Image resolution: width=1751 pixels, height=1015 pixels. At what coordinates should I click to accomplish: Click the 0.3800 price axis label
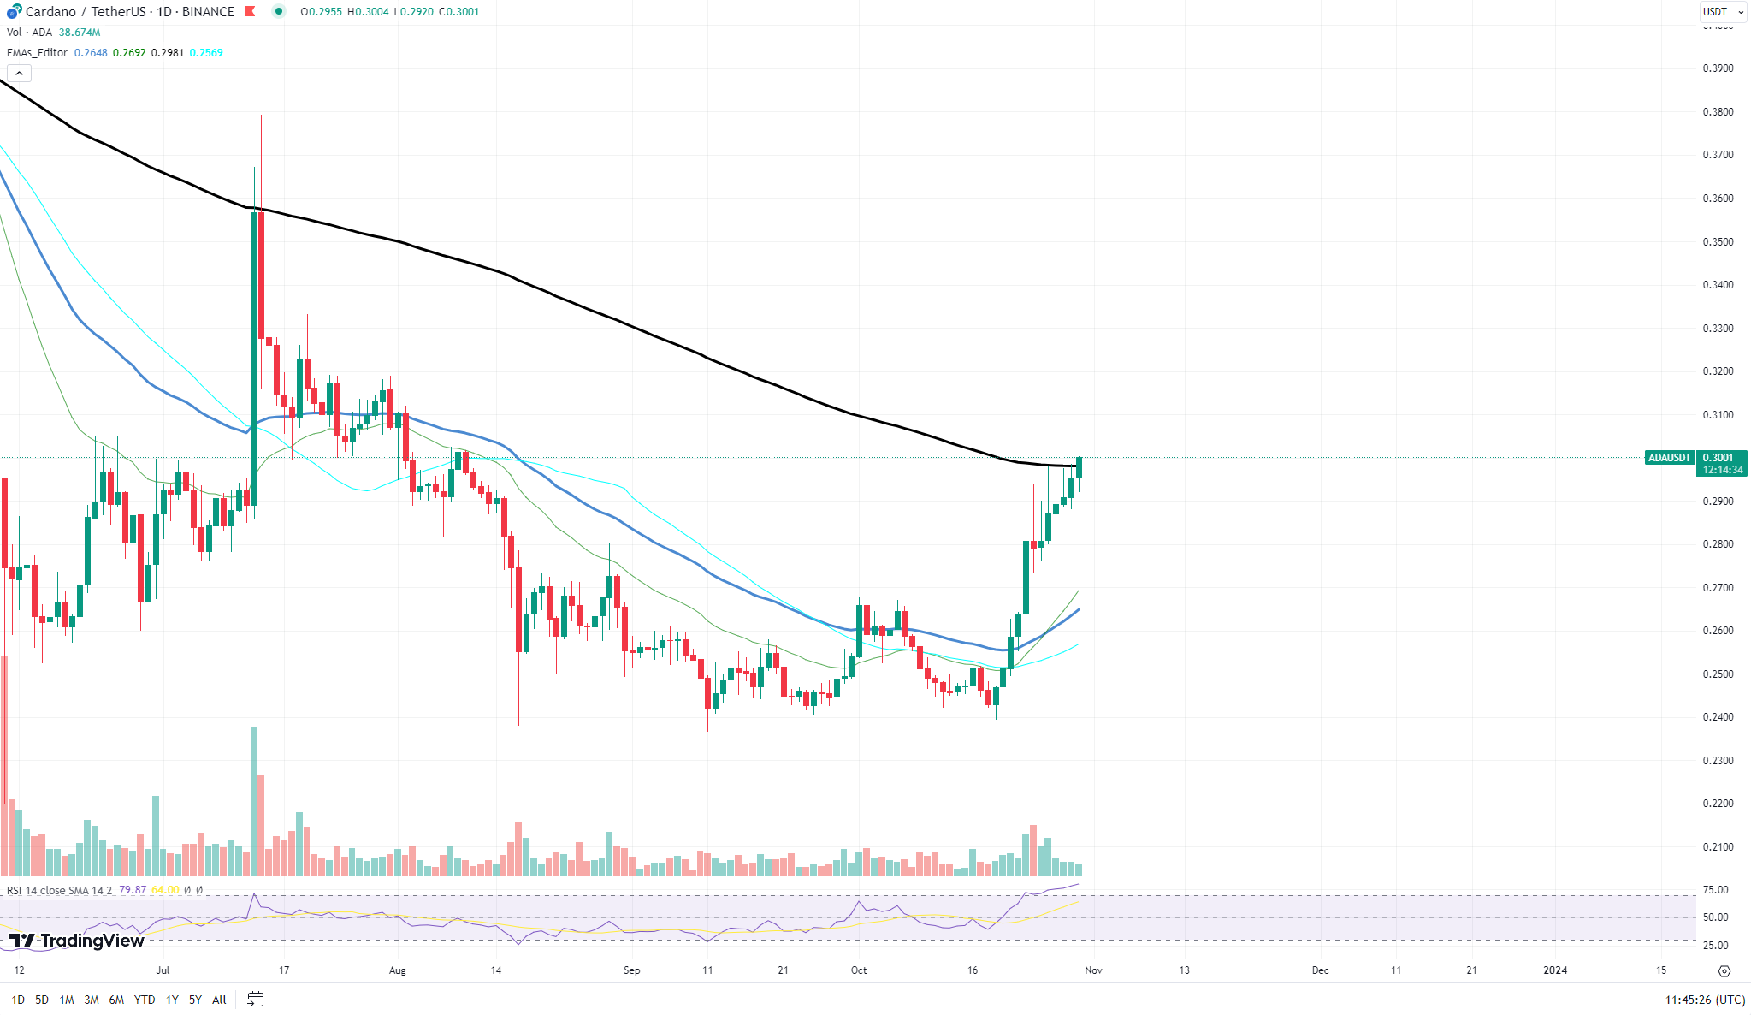(1718, 112)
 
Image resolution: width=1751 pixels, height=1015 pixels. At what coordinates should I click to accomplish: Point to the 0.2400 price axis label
(1718, 717)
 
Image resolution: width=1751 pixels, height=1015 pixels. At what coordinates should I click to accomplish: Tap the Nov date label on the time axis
(1093, 970)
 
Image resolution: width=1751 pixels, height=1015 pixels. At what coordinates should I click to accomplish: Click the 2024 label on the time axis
(1554, 970)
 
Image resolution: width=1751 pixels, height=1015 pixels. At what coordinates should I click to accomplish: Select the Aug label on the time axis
(397, 970)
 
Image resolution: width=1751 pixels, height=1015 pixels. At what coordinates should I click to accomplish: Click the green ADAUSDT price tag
(1669, 458)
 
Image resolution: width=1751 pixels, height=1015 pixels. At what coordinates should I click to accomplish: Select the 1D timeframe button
(18, 1000)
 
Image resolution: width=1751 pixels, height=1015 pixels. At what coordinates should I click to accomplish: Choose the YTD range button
(145, 1000)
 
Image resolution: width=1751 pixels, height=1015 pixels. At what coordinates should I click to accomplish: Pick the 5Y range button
(195, 1000)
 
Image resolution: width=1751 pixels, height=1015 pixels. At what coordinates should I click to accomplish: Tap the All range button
(219, 1000)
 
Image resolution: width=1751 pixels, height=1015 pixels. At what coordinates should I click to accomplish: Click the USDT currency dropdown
(1722, 12)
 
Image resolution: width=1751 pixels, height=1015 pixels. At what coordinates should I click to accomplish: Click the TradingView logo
(77, 941)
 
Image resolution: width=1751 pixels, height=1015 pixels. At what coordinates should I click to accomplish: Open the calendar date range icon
(255, 999)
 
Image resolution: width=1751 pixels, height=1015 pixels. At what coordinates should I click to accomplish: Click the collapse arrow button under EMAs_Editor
(19, 74)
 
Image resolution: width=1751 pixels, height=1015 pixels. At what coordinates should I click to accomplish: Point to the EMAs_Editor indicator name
(37, 53)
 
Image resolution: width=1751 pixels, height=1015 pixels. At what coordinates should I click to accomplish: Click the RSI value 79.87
(133, 890)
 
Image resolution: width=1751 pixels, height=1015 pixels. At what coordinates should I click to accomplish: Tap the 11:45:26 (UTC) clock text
(1705, 1000)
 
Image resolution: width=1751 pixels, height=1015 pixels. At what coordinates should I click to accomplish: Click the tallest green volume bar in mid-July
(253, 800)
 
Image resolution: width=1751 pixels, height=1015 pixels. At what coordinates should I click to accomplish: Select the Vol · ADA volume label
(29, 33)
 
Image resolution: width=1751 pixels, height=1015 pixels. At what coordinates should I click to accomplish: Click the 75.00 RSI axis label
(1715, 890)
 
